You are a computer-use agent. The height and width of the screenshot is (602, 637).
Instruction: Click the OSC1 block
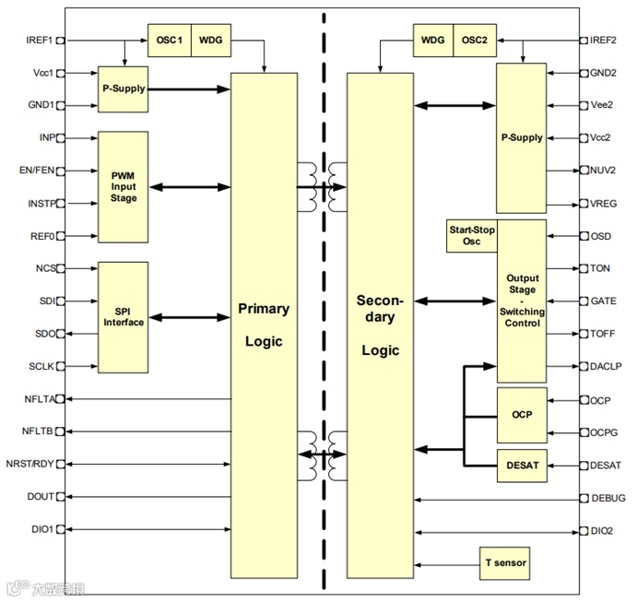click(x=169, y=41)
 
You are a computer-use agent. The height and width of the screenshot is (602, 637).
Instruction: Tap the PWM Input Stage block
click(x=123, y=187)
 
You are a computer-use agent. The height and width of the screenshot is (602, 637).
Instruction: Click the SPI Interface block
click(x=123, y=316)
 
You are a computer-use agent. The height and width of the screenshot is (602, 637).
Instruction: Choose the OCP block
click(x=522, y=415)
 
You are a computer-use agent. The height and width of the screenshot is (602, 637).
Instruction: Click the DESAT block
click(x=522, y=466)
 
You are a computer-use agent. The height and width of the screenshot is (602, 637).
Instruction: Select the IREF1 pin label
click(x=41, y=41)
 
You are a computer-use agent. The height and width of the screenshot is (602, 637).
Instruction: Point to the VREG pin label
click(x=604, y=204)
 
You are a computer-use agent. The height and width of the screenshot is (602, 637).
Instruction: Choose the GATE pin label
click(x=603, y=301)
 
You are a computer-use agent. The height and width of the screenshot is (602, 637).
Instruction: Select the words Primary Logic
click(x=263, y=325)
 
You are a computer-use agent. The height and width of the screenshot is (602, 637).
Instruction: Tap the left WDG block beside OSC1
click(x=211, y=41)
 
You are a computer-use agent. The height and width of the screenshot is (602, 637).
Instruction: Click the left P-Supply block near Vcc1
click(x=123, y=89)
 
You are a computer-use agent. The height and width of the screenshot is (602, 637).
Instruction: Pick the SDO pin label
click(x=42, y=333)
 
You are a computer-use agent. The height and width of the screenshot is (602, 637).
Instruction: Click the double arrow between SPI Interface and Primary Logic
click(x=189, y=317)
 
